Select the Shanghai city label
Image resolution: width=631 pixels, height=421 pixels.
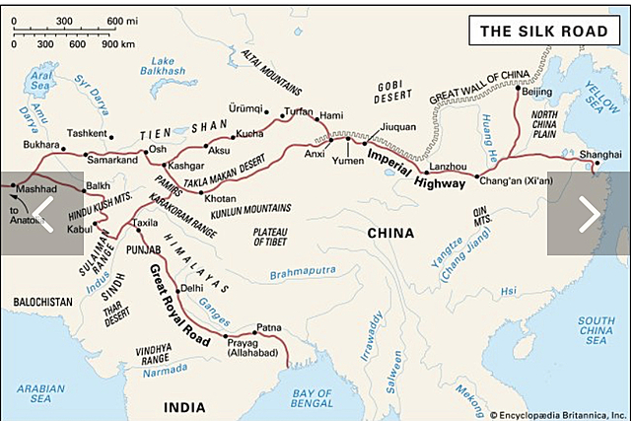(x=600, y=155)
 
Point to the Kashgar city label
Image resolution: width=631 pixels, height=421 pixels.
(x=184, y=166)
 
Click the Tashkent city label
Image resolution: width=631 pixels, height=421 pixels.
(x=90, y=133)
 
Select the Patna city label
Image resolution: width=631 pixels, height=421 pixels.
(x=269, y=326)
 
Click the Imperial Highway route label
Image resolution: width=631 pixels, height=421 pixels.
(x=401, y=168)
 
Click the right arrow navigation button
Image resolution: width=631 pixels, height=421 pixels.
(x=589, y=213)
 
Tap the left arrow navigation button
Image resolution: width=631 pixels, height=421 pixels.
(x=41, y=213)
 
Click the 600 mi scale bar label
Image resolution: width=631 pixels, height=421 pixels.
(x=122, y=21)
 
